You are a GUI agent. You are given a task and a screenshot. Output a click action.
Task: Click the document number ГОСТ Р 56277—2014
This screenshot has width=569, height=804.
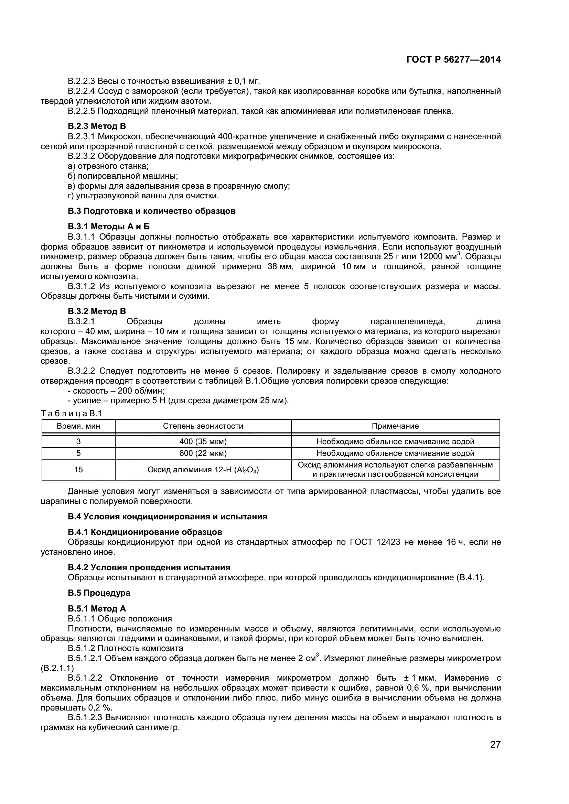(453, 60)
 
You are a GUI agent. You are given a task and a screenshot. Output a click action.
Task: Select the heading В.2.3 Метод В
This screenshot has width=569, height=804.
(97, 126)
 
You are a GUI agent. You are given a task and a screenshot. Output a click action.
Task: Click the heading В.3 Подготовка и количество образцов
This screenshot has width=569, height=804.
(151, 211)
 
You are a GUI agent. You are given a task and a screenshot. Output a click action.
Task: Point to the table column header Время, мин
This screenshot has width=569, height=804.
(78, 426)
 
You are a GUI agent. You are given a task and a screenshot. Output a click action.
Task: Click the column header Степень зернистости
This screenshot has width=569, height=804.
(203, 426)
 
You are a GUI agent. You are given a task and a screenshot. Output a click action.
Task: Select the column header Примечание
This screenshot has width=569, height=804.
(395, 426)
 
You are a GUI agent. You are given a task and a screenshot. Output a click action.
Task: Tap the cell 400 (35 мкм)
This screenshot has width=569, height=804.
(203, 442)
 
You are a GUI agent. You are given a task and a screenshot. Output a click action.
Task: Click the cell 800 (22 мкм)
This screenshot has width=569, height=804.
(203, 453)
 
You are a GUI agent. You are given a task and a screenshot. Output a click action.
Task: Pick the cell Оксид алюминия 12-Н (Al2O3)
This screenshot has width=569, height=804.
(203, 470)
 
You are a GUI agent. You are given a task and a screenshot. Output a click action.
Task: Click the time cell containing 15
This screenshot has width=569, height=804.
(78, 470)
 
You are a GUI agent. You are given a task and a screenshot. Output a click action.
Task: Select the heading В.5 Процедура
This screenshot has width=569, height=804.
(99, 593)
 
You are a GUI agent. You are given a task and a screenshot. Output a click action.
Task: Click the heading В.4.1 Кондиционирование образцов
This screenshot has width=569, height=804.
(145, 532)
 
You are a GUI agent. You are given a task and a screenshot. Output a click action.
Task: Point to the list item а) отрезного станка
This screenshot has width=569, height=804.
(108, 166)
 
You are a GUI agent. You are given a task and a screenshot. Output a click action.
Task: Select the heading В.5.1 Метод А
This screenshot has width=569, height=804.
(97, 609)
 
